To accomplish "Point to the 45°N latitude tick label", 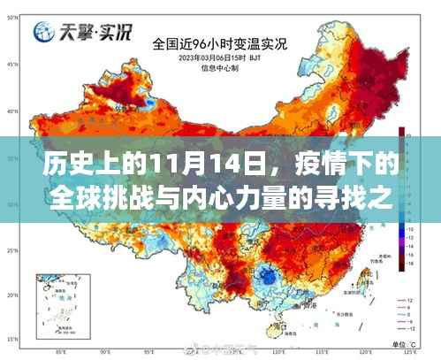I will (11, 65).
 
